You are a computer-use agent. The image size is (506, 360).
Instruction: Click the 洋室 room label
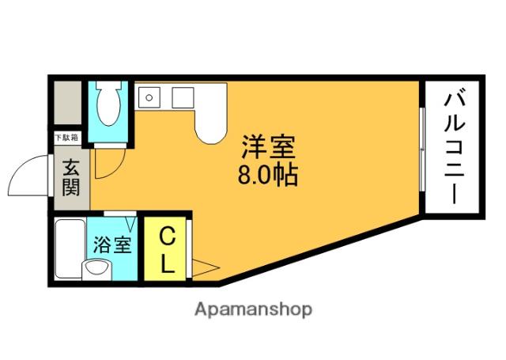pos(268,148)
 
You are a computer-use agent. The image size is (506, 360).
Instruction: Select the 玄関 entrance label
pos(71,177)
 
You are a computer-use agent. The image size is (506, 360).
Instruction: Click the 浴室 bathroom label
pos(112,243)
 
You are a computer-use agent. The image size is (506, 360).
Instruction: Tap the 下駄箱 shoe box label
pos(66,138)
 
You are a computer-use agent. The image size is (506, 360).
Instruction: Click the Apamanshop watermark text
pos(253,309)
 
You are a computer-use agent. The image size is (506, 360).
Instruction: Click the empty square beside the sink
pos(183,98)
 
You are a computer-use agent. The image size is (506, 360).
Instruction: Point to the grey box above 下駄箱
pos(66,105)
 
